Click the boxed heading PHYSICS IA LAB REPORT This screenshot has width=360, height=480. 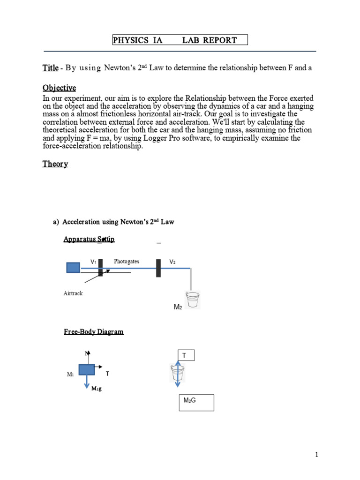point(180,40)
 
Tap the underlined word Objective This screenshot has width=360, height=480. point(59,88)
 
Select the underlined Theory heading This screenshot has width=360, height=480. point(55,164)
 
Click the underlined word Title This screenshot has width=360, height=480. point(50,68)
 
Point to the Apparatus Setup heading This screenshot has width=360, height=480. point(89,240)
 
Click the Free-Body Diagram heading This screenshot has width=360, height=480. point(94,332)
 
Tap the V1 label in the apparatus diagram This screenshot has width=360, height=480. point(93,262)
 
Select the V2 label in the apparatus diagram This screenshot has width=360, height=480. point(172,262)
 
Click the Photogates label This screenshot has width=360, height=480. point(127,262)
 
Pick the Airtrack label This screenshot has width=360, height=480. point(73,293)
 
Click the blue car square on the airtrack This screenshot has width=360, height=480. point(73,268)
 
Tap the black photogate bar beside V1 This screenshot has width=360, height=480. point(100,268)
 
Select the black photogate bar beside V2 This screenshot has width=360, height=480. point(158,268)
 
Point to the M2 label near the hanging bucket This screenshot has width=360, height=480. point(178,307)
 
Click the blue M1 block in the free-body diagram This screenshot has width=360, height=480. point(87,369)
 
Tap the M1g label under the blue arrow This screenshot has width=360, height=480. point(97,389)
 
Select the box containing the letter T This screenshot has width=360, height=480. point(186,356)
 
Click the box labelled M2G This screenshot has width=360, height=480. point(196,403)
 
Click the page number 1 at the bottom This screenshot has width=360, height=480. point(317,455)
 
